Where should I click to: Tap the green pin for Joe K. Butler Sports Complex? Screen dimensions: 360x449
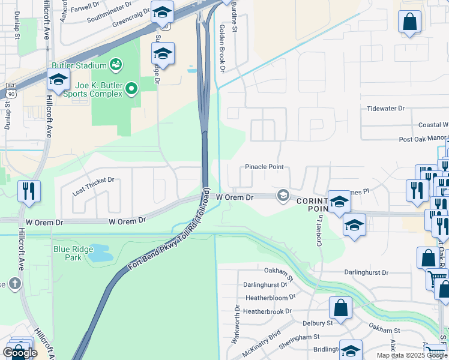(x=131, y=90)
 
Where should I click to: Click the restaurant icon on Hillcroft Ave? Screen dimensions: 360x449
(x=29, y=191)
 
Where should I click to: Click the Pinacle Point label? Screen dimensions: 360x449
(x=264, y=167)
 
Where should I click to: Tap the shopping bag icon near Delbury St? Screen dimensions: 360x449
(x=340, y=308)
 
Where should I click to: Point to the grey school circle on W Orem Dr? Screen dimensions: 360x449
(x=282, y=196)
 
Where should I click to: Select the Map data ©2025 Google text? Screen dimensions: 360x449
(x=412, y=355)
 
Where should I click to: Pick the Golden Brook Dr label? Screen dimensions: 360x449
(x=221, y=48)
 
